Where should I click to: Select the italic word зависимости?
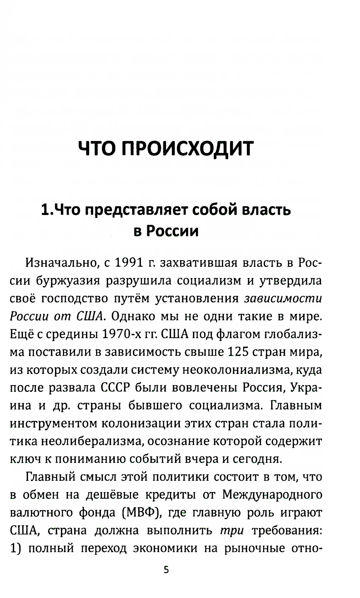(283, 299)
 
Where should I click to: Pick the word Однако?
(131, 316)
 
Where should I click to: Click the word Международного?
(272, 495)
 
